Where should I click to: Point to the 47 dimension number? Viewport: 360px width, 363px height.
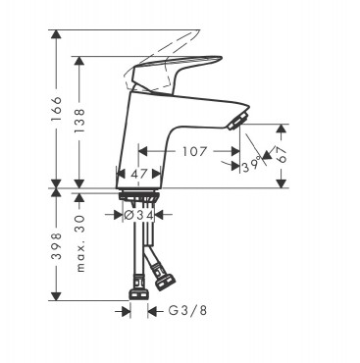[140, 174]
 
